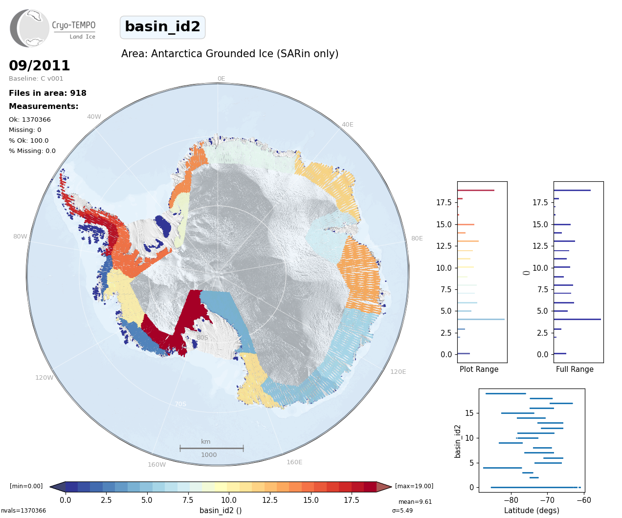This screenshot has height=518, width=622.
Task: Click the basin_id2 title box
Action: coord(162,27)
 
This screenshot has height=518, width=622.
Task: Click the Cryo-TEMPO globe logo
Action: coord(29,28)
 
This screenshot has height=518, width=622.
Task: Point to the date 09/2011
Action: coord(39,65)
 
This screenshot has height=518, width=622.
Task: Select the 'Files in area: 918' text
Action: coord(47,93)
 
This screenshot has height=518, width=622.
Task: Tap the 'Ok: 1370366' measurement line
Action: coord(30,119)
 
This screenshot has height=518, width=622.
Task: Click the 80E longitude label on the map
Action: coord(417,238)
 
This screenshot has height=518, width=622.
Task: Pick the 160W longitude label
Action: coord(156,464)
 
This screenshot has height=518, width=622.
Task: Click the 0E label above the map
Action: coord(222,79)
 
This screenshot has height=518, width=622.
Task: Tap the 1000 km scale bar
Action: coord(212,448)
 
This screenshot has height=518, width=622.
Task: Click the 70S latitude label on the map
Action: coord(180,404)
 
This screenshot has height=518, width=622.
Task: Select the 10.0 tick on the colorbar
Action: coord(229,500)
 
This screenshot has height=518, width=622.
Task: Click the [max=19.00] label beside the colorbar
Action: coord(414,486)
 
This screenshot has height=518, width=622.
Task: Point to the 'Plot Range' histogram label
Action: coord(479,369)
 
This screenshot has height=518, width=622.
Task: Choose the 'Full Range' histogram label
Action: coord(575,369)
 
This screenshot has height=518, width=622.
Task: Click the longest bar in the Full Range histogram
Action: coord(578,319)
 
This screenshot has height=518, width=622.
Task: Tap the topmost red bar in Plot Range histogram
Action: coord(476,190)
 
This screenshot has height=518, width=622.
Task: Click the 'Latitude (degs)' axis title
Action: coord(532,510)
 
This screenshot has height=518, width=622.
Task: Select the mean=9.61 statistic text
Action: coord(415,501)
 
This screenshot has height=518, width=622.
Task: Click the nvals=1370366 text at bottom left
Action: coord(23,511)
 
